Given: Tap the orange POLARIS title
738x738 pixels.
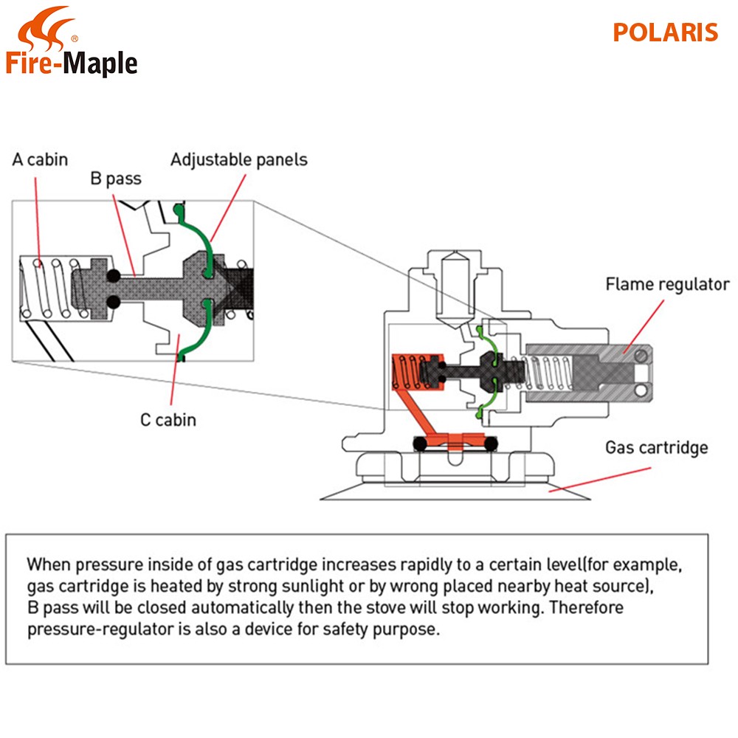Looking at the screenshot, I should pyautogui.click(x=665, y=33).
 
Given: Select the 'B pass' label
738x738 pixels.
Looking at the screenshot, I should pyautogui.click(x=115, y=179).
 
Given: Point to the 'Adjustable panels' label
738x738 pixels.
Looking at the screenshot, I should pyautogui.click(x=238, y=159).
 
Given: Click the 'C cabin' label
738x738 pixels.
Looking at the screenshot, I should pyautogui.click(x=168, y=420).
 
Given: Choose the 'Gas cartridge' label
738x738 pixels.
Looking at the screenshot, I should pyautogui.click(x=656, y=447).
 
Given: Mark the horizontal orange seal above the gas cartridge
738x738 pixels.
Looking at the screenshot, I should pyautogui.click(x=456, y=443).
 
